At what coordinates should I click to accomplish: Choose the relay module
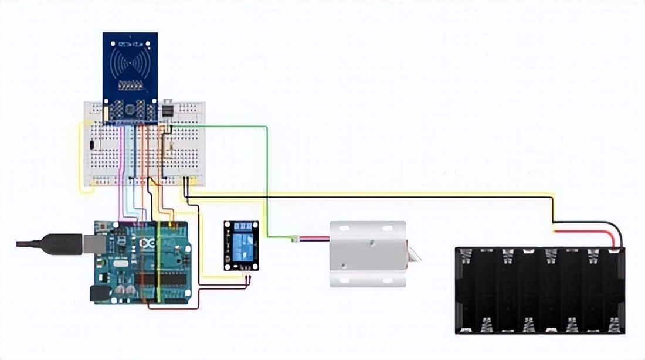pos(240,245)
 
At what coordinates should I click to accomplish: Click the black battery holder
pos(539,291)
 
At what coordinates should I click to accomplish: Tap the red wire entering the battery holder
pos(586,232)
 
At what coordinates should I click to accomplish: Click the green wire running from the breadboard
pos(267,176)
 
